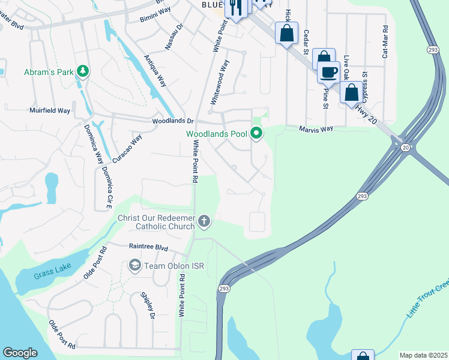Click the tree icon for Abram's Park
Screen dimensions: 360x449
pyautogui.click(x=83, y=72)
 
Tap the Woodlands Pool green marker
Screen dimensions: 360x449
pyautogui.click(x=257, y=133)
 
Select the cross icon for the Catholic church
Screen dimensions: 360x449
pyautogui.click(x=204, y=222)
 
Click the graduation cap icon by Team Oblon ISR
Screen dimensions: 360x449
pyautogui.click(x=135, y=265)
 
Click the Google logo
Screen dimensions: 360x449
pyautogui.click(x=20, y=353)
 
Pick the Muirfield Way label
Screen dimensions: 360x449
pyautogui.click(x=50, y=110)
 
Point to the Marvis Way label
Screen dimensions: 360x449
pyautogui.click(x=316, y=128)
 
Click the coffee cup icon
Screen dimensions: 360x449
pyautogui.click(x=328, y=72)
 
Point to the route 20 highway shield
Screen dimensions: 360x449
pyautogui.click(x=405, y=148)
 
